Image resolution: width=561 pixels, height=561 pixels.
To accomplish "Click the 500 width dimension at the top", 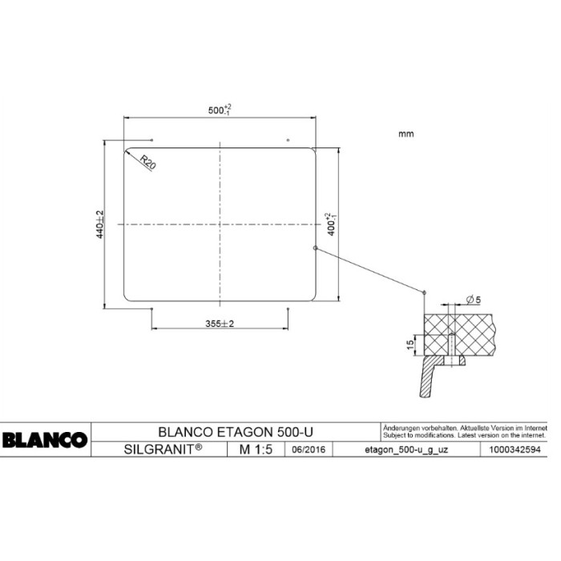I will click(x=219, y=110).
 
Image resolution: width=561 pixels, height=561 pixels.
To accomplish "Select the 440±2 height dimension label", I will click(x=100, y=224).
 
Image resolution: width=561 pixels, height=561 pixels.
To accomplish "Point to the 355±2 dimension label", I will click(x=219, y=324).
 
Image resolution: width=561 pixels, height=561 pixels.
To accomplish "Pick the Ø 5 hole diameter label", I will click(x=472, y=300).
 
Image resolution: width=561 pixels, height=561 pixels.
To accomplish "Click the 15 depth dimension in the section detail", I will click(x=410, y=345).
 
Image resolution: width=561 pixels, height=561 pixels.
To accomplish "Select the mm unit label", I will click(x=406, y=134).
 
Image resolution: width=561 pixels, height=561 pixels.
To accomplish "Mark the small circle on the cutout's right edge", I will click(x=316, y=248).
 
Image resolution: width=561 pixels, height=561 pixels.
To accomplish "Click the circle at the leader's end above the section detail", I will click(x=424, y=293).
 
